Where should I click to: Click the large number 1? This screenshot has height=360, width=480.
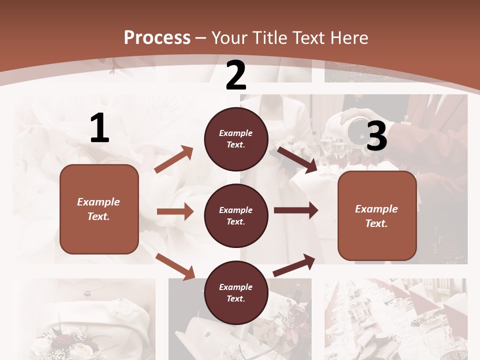tap(99, 128)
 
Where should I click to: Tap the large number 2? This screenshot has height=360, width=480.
tap(236, 75)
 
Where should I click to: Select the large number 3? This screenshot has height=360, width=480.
tap(377, 136)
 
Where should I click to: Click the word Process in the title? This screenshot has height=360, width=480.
tap(157, 37)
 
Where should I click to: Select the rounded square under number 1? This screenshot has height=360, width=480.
tap(99, 209)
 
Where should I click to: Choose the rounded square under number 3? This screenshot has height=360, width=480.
tap(377, 215)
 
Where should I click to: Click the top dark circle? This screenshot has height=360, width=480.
tap(236, 139)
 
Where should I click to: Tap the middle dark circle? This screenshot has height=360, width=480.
tap(236, 215)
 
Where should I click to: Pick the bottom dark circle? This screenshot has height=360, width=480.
tap(236, 292)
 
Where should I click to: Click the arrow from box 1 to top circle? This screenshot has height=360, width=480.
tap(174, 159)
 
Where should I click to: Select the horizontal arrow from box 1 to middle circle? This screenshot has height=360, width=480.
tap(175, 211)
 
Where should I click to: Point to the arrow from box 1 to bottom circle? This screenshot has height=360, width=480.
tap(175, 266)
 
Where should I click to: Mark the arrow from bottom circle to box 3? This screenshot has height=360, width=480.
tap(294, 265)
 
